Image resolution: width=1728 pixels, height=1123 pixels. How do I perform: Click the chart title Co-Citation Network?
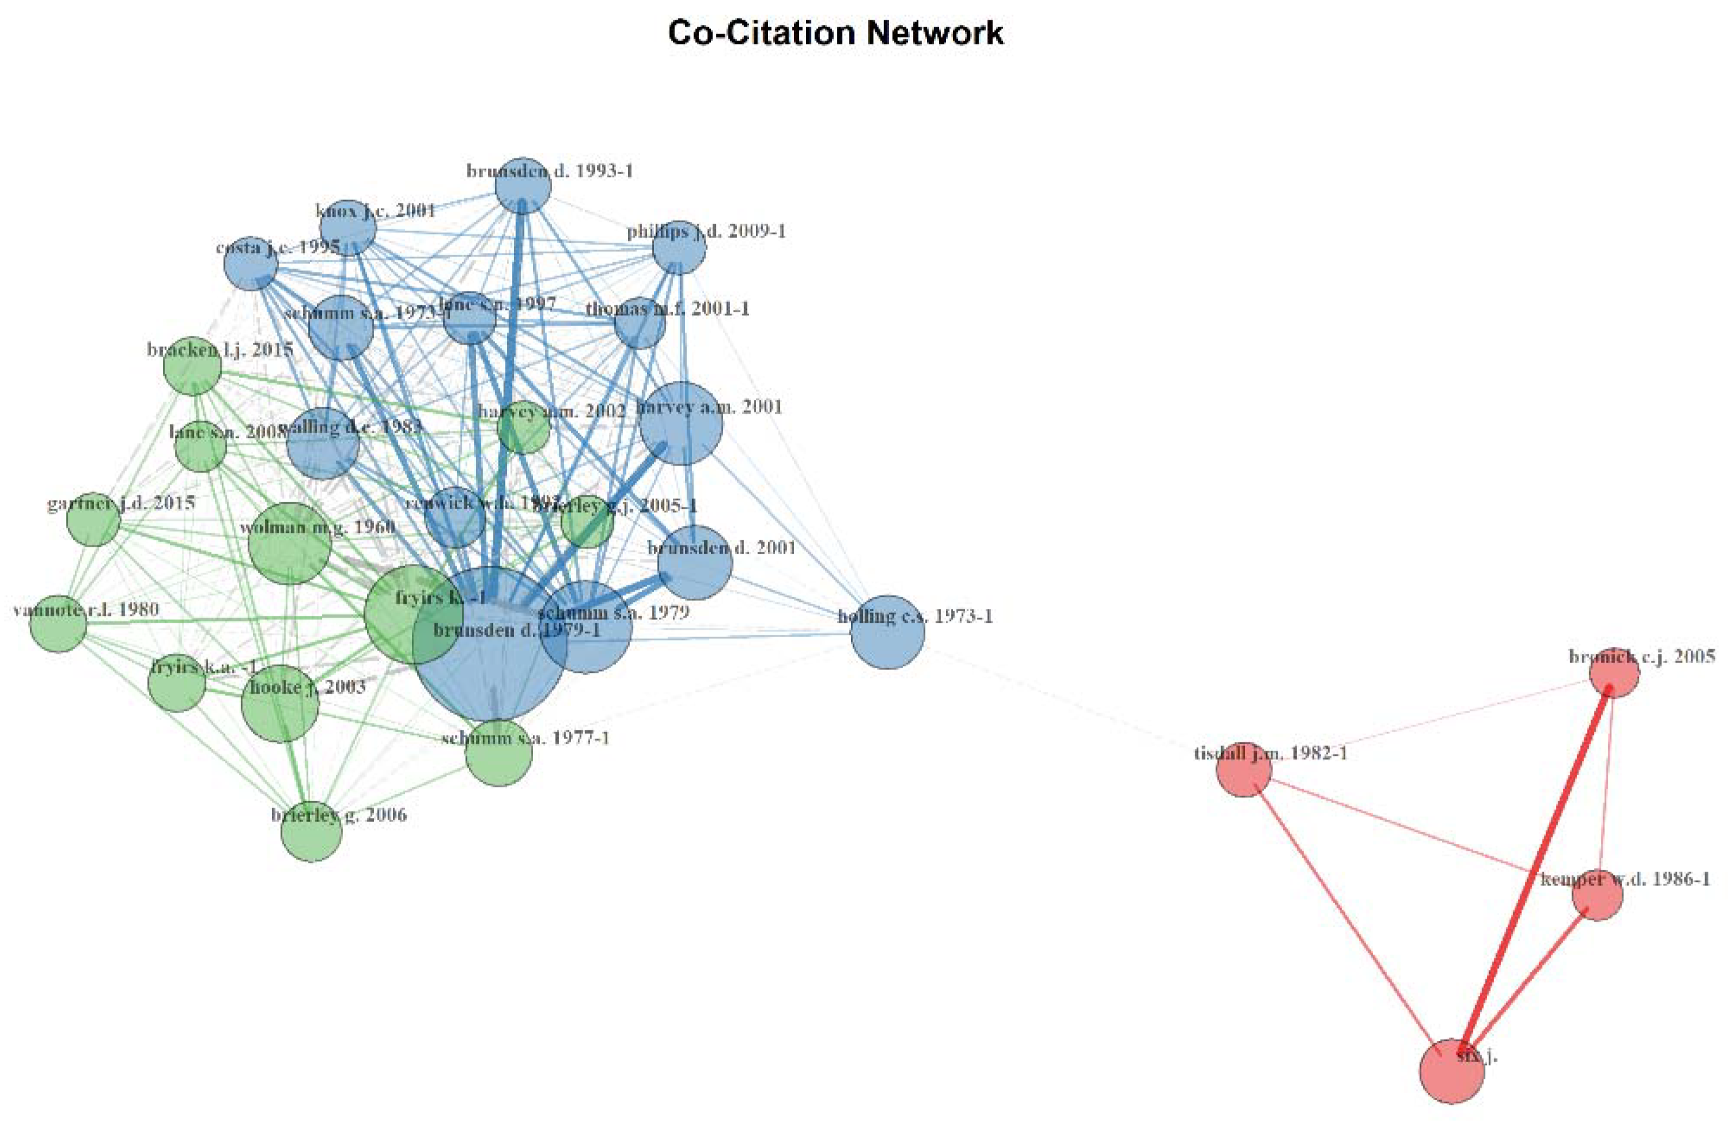pos(836,34)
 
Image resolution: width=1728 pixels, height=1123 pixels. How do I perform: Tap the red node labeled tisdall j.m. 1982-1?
pos(1244,769)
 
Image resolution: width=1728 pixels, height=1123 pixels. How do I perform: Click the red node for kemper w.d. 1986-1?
pos(1597,895)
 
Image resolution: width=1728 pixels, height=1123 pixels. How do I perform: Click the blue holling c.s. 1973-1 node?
pos(887,631)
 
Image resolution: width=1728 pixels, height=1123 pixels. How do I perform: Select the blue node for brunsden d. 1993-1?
pos(523,186)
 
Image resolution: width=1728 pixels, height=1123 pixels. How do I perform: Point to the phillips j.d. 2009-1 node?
pos(679,248)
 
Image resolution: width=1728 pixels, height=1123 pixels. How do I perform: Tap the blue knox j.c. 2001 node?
pos(349,228)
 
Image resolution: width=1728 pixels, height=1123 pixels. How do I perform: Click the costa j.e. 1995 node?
pos(250,263)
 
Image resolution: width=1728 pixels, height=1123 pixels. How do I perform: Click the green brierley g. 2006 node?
pos(312,832)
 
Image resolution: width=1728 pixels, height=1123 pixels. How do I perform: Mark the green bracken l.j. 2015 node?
pos(193,367)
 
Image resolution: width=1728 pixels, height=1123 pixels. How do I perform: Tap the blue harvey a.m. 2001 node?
pos(681,423)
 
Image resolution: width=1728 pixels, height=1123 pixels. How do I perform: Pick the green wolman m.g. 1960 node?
pos(290,543)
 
